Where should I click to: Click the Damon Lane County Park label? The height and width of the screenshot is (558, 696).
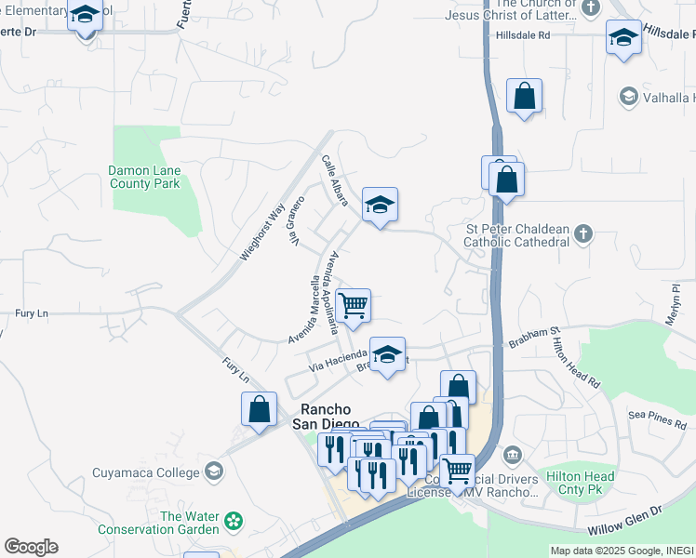[143, 177]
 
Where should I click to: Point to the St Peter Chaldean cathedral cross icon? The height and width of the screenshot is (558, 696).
[582, 232]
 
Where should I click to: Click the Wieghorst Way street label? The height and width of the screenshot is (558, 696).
[261, 231]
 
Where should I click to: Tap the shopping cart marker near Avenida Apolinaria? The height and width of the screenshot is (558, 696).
[354, 305]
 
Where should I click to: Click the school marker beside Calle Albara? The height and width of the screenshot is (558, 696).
[380, 205]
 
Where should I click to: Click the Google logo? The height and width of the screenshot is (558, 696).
[31, 547]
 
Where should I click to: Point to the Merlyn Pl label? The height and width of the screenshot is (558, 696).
[676, 303]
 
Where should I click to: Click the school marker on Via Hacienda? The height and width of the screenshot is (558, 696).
[388, 354]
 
